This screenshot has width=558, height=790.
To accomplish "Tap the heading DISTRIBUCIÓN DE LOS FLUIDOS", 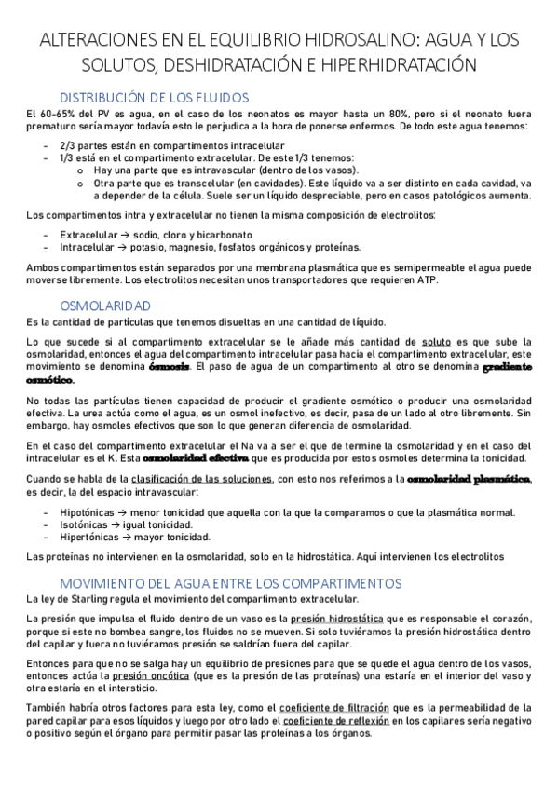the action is pyautogui.click(x=154, y=96).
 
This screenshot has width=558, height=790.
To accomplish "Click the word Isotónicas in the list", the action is pyautogui.click(x=84, y=524).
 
